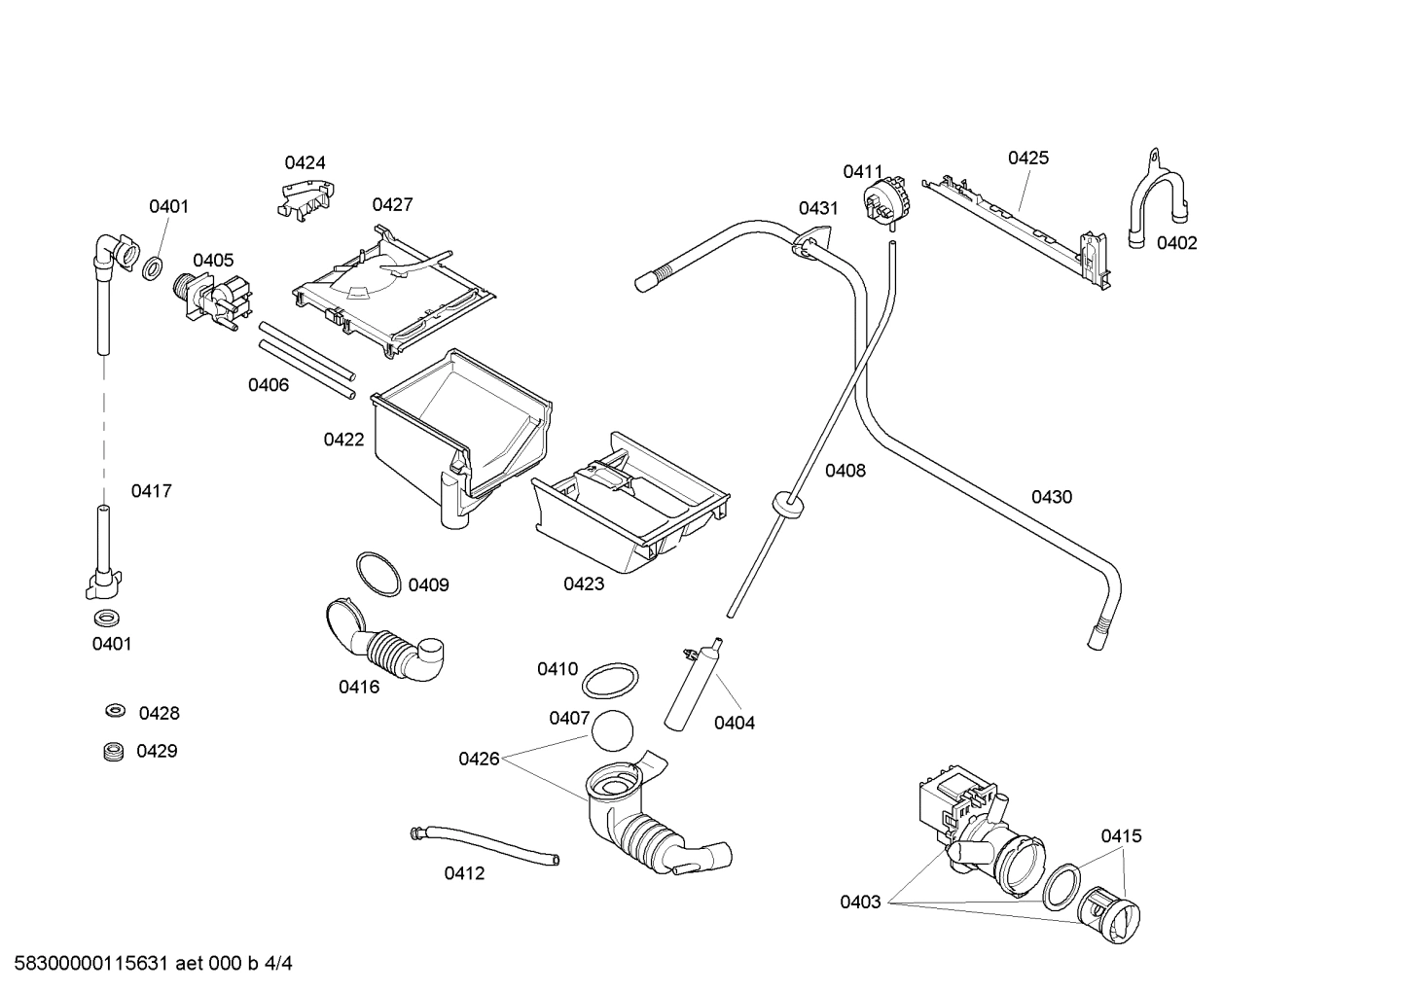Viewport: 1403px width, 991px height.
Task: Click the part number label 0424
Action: (305, 162)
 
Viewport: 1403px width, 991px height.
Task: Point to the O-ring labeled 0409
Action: (378, 574)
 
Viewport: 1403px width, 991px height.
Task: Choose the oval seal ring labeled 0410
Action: (612, 681)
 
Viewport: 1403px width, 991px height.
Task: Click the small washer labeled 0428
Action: (115, 712)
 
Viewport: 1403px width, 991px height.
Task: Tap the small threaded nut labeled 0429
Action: (114, 751)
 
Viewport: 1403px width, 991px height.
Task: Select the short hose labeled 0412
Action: (484, 843)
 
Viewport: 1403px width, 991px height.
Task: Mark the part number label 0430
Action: (1051, 497)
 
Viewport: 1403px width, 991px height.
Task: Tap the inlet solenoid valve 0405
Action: (212, 299)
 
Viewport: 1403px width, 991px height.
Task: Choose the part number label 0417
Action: (152, 491)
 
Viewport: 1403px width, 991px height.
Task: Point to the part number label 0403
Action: (860, 902)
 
